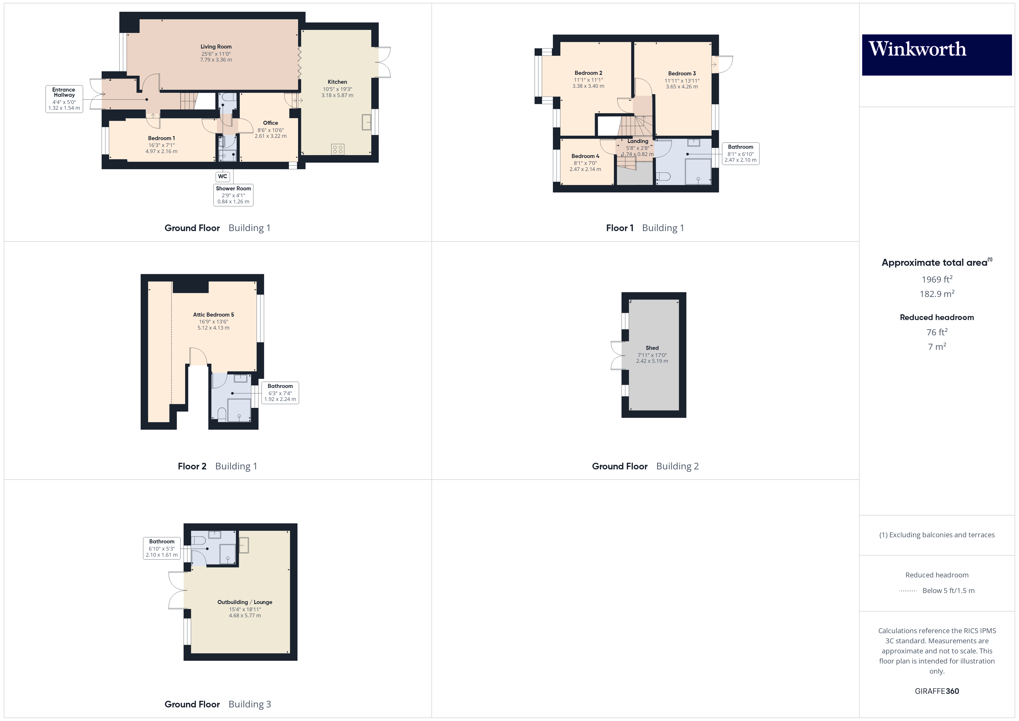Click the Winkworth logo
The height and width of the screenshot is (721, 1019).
pos(936,54)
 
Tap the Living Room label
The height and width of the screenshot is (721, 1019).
pos(216,47)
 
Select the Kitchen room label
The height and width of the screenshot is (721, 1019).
pos(337,82)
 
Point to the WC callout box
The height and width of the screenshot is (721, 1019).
pos(222,176)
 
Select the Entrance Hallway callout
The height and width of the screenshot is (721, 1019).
pos(64,99)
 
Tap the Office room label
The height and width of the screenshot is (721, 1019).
pos(270,123)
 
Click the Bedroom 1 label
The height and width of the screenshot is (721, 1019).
pos(161,138)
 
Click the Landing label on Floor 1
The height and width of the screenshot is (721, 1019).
pos(637,141)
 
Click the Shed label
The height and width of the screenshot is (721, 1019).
pos(652,348)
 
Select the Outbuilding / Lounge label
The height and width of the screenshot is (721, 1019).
pos(245,602)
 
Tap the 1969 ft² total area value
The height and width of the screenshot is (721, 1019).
pos(936,279)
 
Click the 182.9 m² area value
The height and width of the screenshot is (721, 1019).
pos(936,294)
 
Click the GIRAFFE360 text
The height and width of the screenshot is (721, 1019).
pos(936,691)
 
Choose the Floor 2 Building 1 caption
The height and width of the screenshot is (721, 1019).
pos(217,466)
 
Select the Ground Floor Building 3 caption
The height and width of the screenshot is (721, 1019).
pos(217,704)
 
